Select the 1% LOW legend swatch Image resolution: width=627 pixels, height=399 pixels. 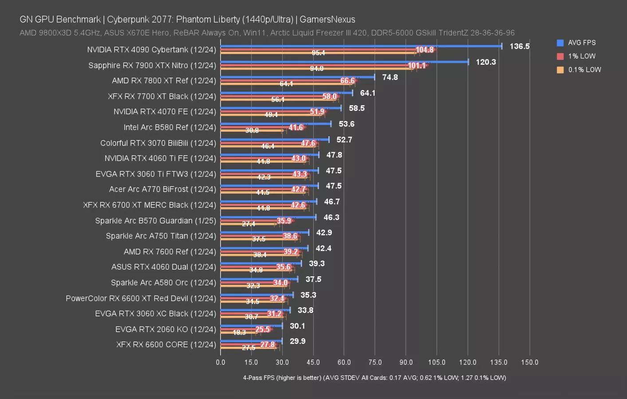pos(560,56)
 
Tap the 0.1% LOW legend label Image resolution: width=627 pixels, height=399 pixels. pos(584,70)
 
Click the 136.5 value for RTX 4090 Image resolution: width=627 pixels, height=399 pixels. pos(519,46)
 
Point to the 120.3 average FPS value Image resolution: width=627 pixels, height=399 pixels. pos(485,62)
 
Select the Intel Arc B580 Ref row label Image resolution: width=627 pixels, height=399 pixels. pos(170,127)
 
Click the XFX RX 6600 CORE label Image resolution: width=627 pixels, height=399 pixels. pos(166,344)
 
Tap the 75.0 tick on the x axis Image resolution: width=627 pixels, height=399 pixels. pos(375,362)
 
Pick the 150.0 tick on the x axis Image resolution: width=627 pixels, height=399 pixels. pos(529,362)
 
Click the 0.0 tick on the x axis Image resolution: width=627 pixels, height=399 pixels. pos(221,362)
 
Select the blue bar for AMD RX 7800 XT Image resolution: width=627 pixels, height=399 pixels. pos(297,77)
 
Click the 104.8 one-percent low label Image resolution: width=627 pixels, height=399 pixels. pos(424,50)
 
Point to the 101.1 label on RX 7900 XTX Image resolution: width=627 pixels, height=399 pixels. pos(417,66)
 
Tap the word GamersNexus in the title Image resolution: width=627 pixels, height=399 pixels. pos(327,20)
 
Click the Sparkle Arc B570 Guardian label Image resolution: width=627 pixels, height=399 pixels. pos(155,220)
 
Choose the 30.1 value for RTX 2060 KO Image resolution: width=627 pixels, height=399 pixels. pos(297,326)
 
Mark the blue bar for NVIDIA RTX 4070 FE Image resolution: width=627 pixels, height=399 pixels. pos(280,108)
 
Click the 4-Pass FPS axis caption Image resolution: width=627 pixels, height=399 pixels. pos(374,378)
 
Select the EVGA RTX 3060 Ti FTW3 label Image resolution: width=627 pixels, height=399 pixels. pos(156,174)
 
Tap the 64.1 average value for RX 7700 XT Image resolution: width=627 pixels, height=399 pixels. pos(367,93)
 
